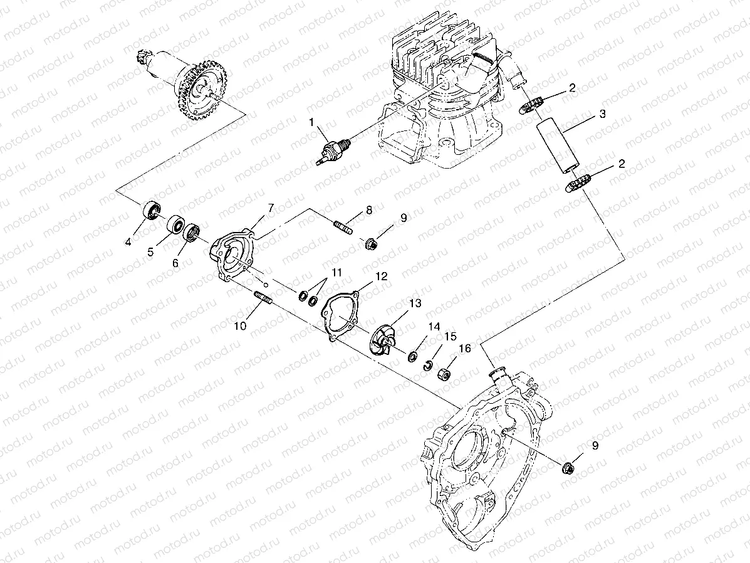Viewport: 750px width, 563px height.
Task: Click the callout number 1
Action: (311, 123)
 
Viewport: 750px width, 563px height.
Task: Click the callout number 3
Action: (602, 114)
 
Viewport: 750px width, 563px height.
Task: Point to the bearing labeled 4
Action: (152, 209)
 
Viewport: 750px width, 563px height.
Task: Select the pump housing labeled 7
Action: (232, 256)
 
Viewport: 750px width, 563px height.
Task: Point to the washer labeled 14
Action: (414, 357)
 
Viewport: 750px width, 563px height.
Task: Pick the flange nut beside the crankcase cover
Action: (570, 467)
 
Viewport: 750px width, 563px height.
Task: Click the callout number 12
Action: (382, 276)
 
